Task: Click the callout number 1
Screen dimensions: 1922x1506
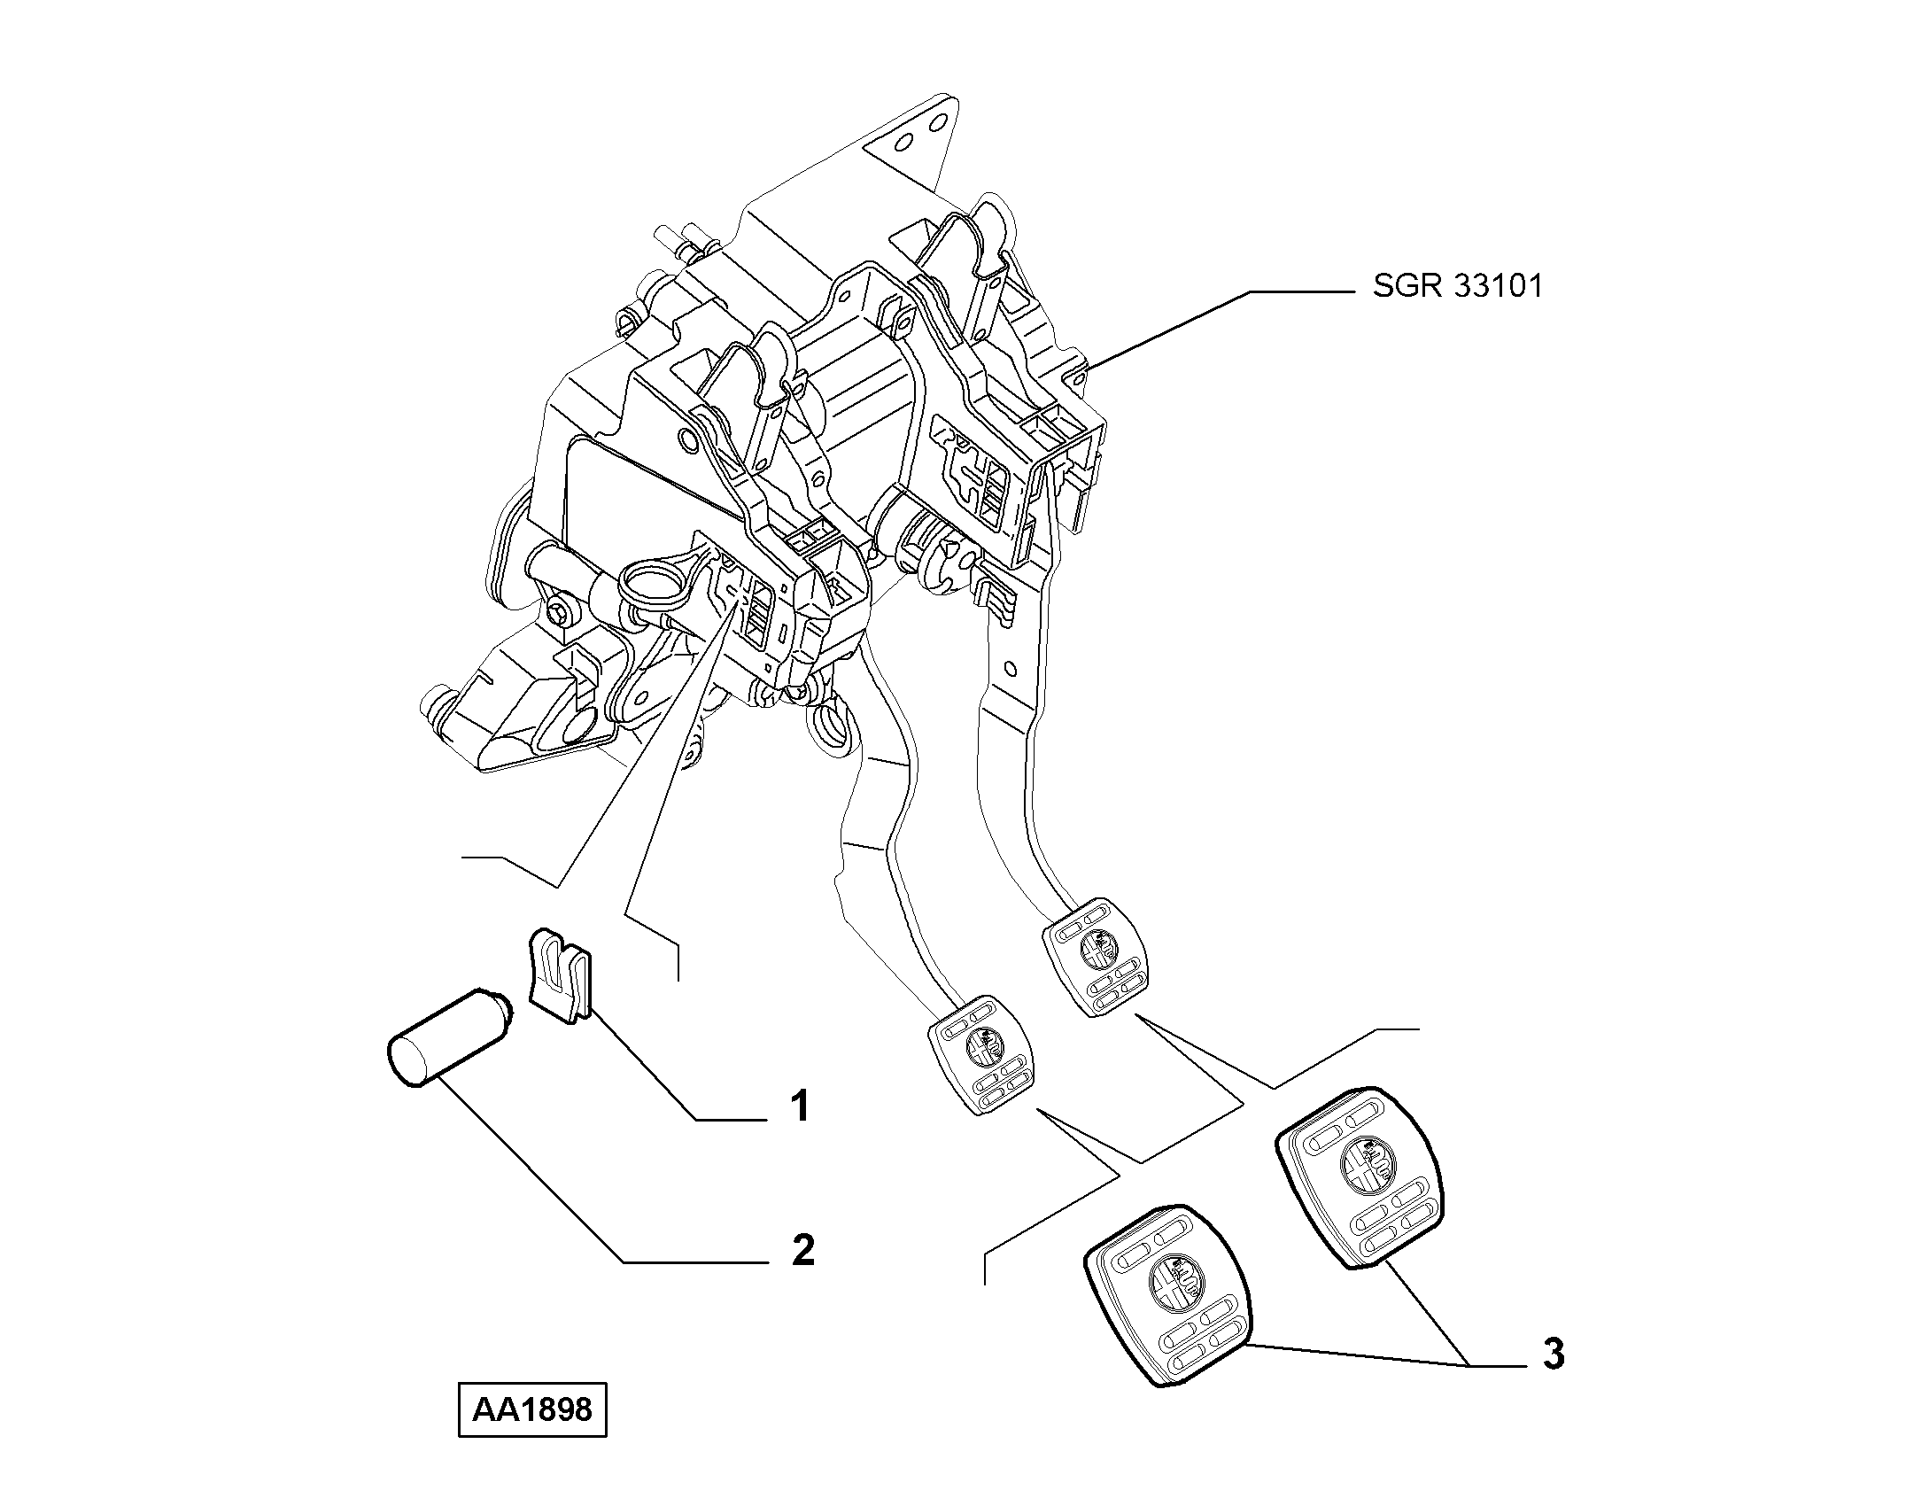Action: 800,1107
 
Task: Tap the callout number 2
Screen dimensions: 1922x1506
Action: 802,1250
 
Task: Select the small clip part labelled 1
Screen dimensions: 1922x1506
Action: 560,974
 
